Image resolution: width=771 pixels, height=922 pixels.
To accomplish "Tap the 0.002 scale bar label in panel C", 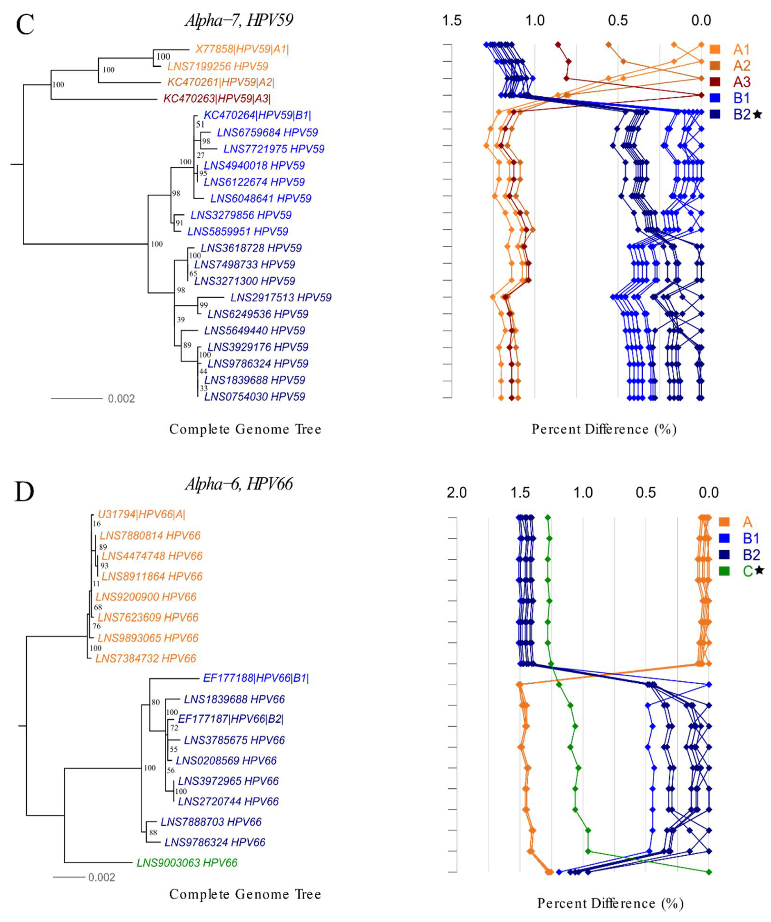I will point(121,399).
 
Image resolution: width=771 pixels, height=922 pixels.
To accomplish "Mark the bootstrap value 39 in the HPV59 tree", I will point(181,320).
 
